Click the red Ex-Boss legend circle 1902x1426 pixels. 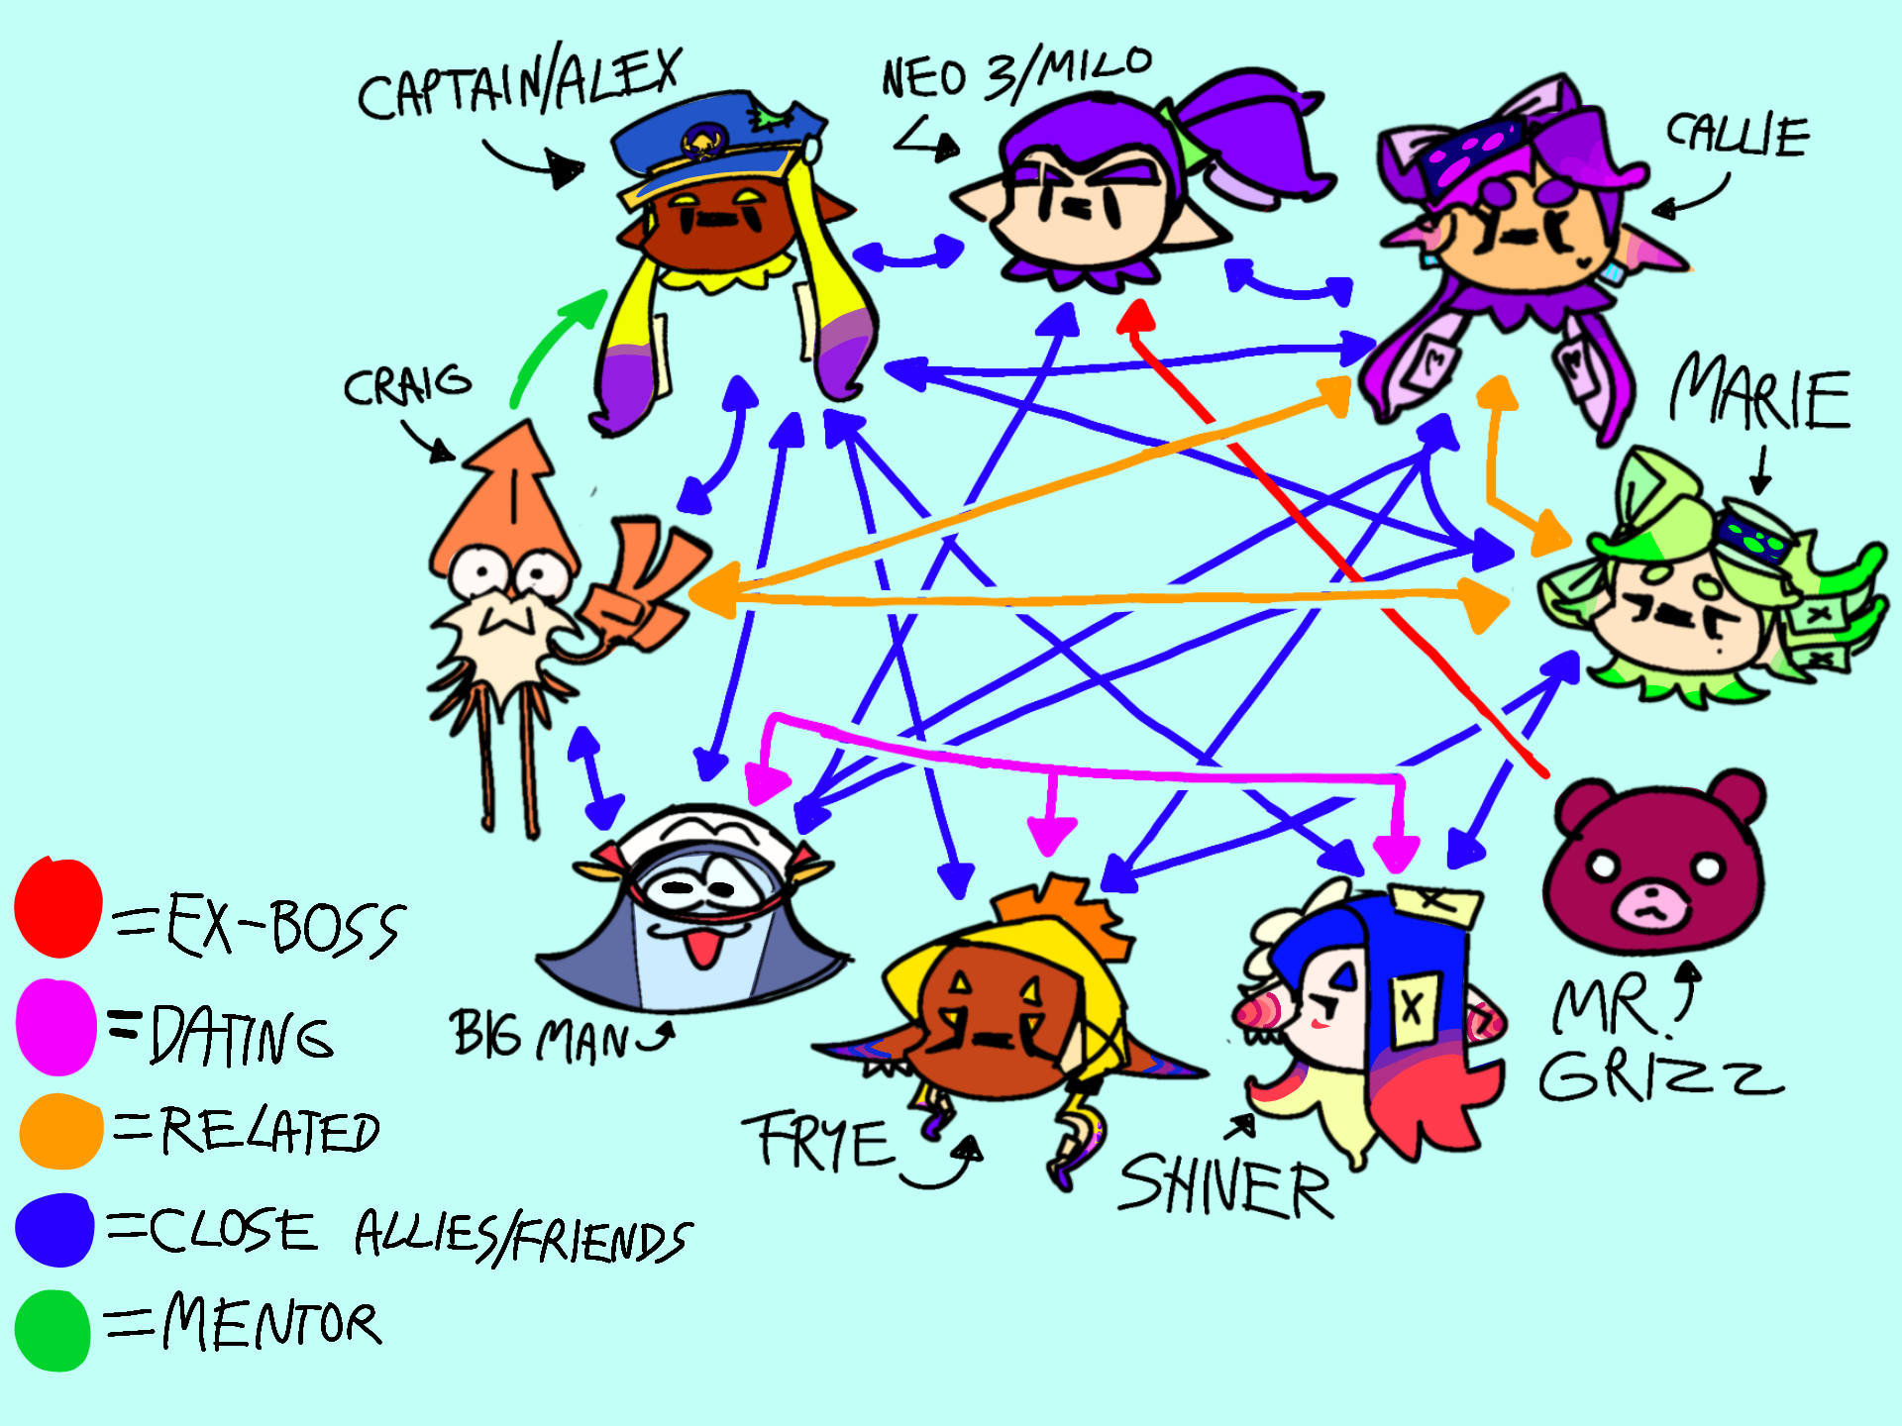pos(58,907)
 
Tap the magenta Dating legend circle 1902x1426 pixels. pos(56,1027)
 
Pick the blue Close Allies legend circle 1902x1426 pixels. pos(55,1229)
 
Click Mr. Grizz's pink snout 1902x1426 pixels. pos(1650,905)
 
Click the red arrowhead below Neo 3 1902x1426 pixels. pos(1136,315)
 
